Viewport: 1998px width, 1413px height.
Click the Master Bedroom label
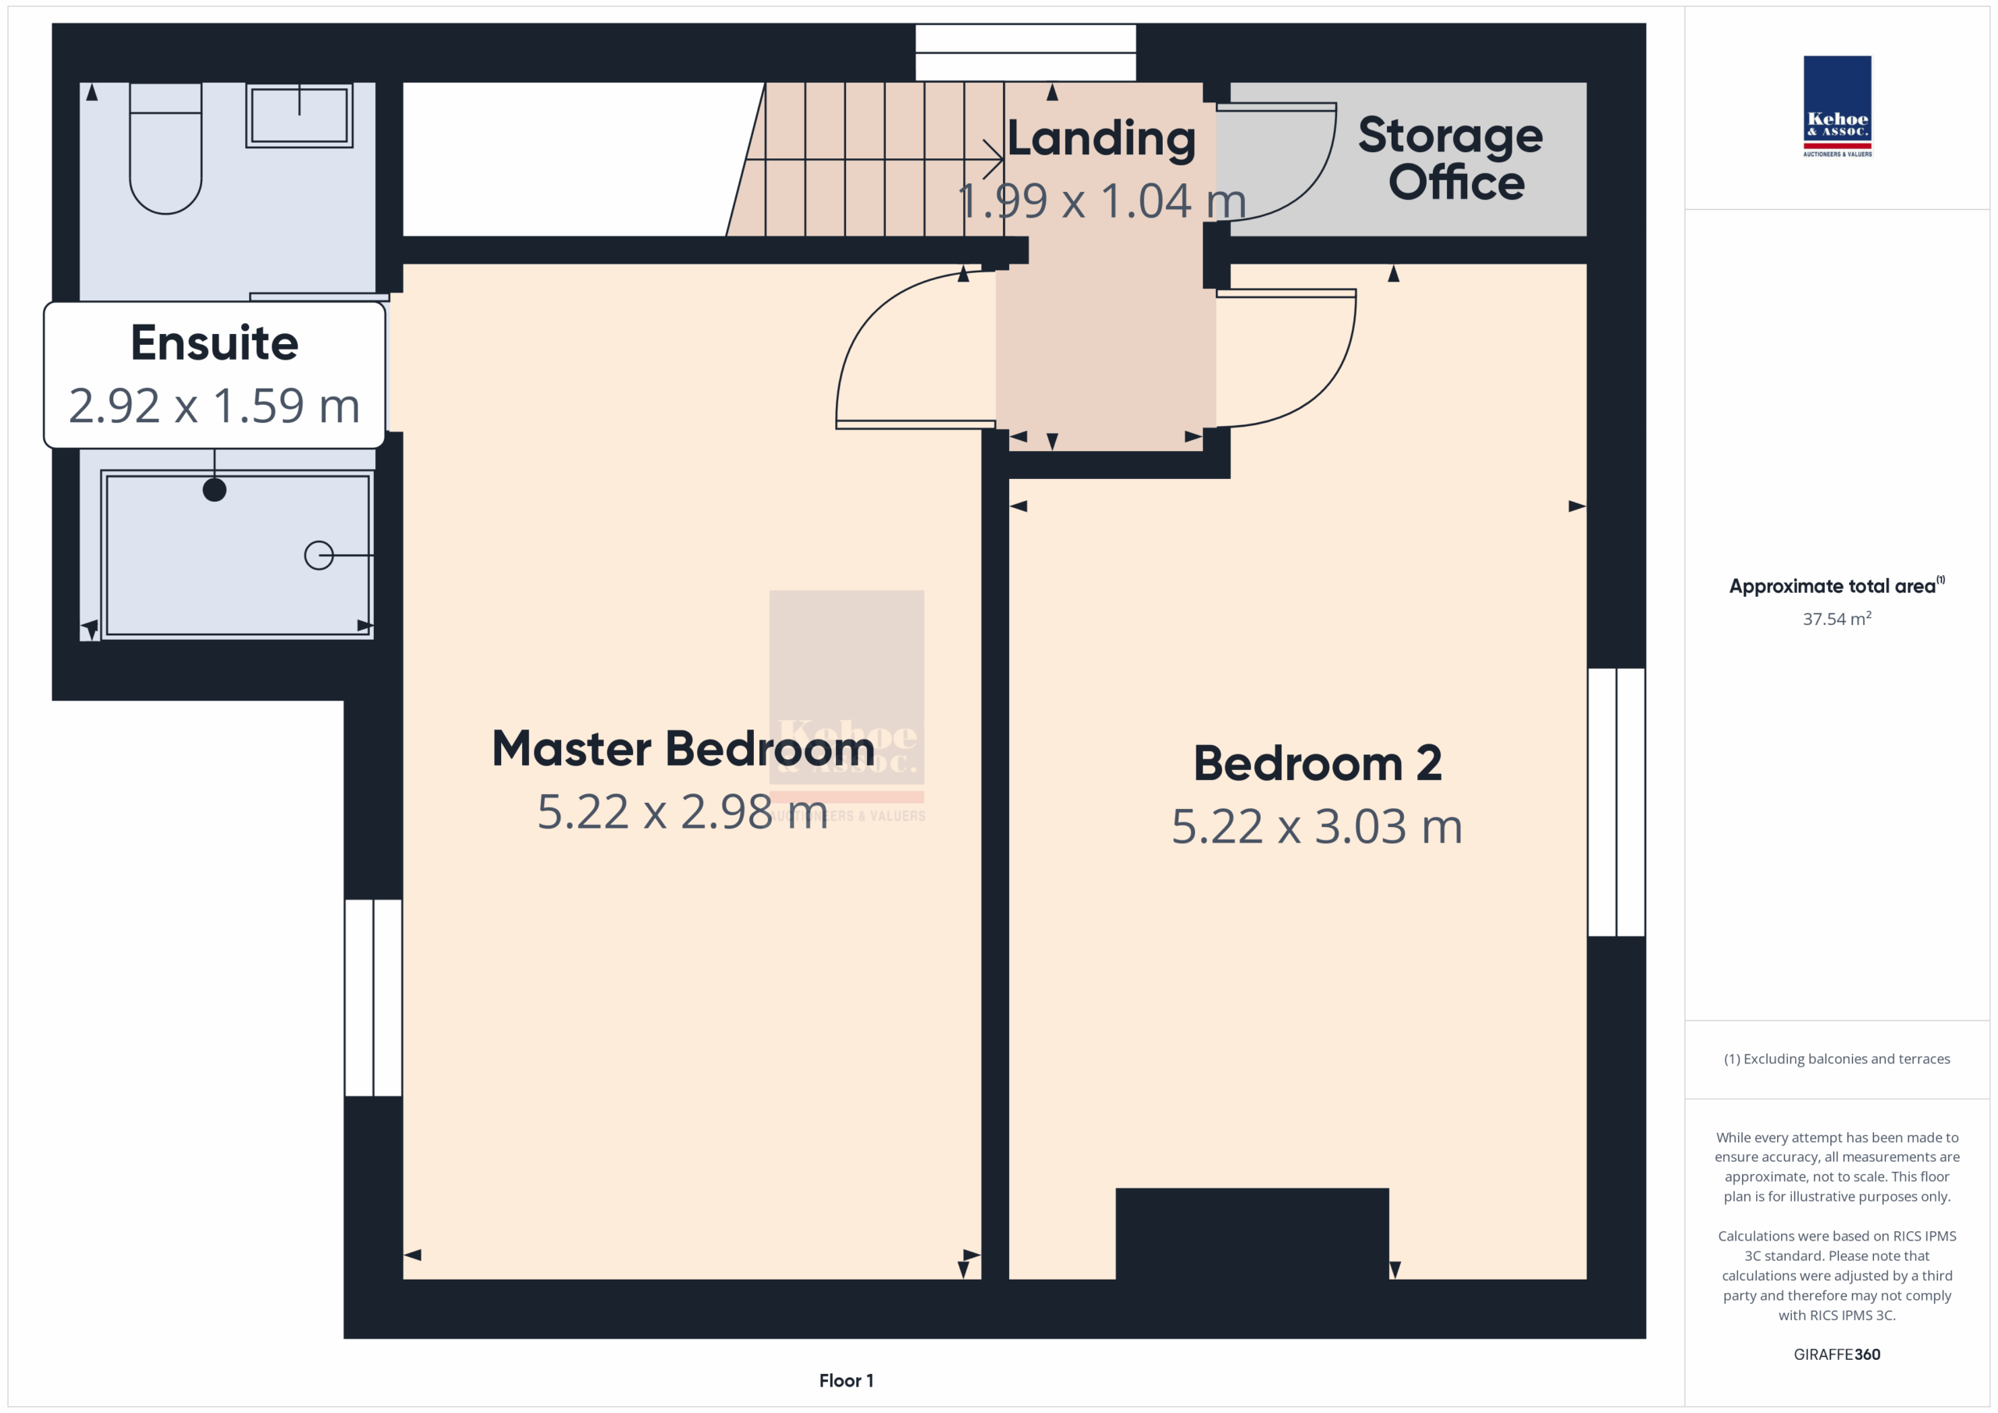[x=683, y=748]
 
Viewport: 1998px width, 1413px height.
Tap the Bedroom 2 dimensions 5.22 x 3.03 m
[x=1317, y=826]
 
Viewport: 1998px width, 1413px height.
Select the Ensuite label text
[x=214, y=342]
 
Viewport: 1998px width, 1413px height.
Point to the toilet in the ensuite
[x=165, y=148]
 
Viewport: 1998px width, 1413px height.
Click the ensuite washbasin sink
[x=300, y=115]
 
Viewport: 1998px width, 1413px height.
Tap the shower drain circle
[x=318, y=555]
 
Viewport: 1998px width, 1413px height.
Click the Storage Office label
[x=1451, y=158]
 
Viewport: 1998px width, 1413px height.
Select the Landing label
[x=1102, y=138]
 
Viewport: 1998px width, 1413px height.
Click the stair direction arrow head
[x=994, y=159]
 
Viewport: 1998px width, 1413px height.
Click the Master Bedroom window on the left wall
[x=373, y=997]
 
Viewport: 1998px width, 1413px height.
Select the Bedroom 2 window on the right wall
[x=1616, y=802]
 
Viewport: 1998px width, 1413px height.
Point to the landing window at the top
[x=1025, y=52]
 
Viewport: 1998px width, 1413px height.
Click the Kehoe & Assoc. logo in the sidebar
[x=1837, y=106]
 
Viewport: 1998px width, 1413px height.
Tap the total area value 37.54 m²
[x=1837, y=619]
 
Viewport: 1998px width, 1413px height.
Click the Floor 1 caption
[x=846, y=1381]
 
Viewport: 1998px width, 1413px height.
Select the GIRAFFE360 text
[x=1837, y=1354]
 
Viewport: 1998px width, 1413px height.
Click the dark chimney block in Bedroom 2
[x=1251, y=1233]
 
